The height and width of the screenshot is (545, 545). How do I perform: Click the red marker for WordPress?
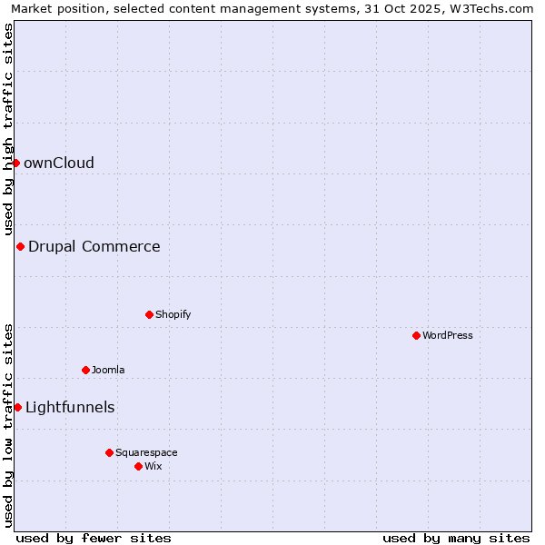coord(416,335)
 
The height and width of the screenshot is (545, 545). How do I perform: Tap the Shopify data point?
coord(149,314)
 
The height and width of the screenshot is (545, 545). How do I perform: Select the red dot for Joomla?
coord(86,370)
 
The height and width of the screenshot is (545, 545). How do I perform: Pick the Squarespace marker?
coord(109,452)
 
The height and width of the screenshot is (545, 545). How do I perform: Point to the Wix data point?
coord(138,466)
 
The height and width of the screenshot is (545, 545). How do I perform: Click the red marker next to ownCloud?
coord(15,163)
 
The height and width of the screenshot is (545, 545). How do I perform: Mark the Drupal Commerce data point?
coord(20,246)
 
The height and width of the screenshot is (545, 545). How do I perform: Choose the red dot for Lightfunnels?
coord(17,407)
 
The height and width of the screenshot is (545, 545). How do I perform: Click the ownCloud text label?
coord(59,163)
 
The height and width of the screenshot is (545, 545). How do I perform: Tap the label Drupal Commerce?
coord(94,247)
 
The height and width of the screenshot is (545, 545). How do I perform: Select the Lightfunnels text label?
coord(70,408)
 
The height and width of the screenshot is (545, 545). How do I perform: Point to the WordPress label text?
coord(448,336)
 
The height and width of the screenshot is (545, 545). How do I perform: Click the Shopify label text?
coord(173,315)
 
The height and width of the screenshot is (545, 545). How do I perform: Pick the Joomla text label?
coord(108,371)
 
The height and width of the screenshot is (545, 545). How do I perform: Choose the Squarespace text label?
coord(146,453)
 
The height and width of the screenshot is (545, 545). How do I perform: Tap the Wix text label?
coord(154,467)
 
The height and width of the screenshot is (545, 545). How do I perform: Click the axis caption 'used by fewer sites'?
coord(94,538)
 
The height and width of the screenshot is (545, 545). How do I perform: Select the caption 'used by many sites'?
coord(456,538)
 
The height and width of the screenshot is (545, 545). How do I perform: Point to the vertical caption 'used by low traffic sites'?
coord(9,424)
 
